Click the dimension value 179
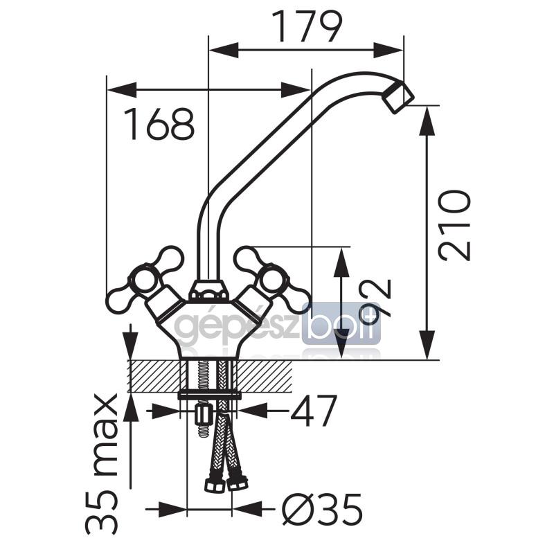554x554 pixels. coord(307,27)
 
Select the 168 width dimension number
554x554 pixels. coord(159,124)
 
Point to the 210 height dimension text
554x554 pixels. coord(454,225)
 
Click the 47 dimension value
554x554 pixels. coord(312,411)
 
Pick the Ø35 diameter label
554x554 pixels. coord(322,510)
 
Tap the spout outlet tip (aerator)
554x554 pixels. coord(399,98)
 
